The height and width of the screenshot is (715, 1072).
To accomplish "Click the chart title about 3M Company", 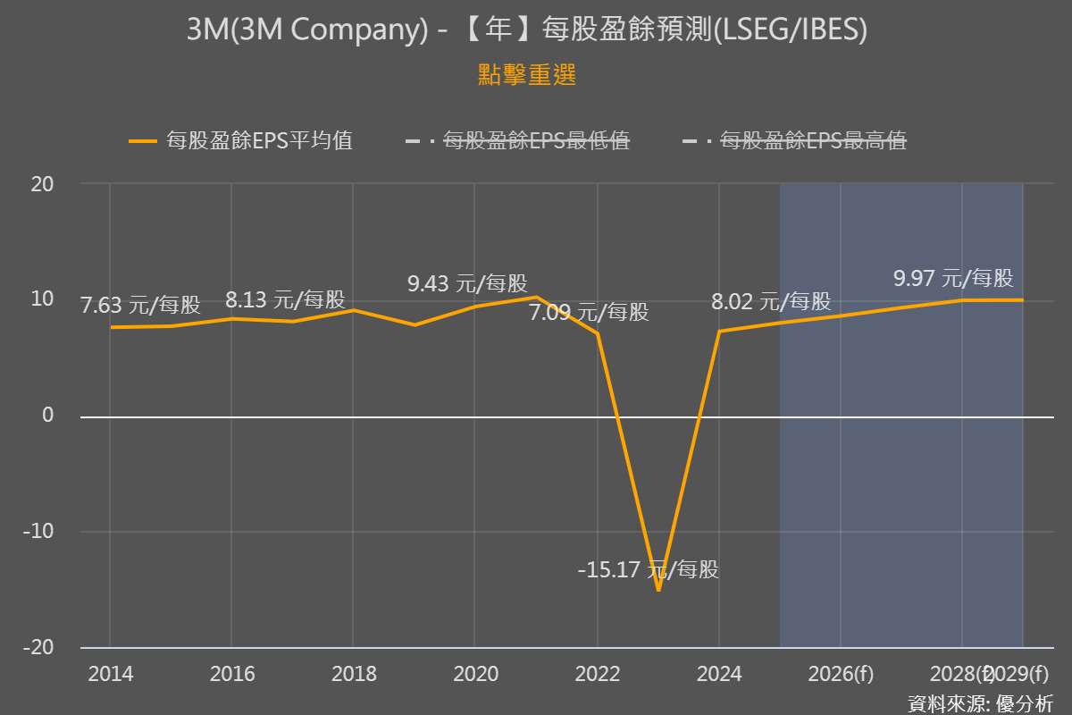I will [527, 31].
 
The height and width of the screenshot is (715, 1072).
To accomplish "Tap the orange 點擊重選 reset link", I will [527, 76].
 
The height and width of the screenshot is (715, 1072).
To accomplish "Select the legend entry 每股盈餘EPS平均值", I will [241, 140].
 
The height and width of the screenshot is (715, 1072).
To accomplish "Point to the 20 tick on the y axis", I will [43, 184].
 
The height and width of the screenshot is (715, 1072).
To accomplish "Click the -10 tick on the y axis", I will [39, 532].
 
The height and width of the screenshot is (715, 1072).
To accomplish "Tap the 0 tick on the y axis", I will [48, 416].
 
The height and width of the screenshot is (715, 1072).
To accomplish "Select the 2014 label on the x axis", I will [110, 674].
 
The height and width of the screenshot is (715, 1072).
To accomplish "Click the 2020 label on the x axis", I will [475, 674].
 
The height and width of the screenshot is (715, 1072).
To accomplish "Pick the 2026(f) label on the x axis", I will [841, 674].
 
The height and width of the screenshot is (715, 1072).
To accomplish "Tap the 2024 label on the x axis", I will [719, 674].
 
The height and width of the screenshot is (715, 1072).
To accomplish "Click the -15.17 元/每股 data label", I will [648, 569].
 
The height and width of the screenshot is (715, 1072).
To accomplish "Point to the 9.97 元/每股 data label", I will [953, 278].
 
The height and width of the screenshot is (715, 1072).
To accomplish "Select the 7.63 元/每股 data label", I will [140, 306].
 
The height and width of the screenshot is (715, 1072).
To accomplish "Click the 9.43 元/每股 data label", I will [467, 284].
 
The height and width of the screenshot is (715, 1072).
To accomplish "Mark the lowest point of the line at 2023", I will [658, 591].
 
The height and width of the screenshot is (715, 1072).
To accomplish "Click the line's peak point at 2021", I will [536, 297].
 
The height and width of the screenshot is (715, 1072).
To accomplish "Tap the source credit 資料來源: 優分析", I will [980, 702].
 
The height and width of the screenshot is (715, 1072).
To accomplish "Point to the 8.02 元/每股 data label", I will [771, 301].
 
